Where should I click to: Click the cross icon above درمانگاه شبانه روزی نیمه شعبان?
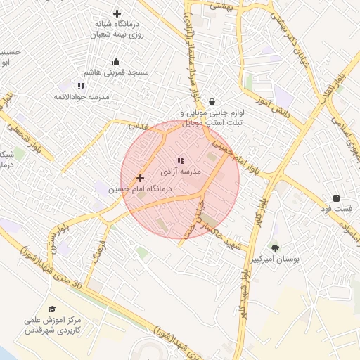pos(117,13)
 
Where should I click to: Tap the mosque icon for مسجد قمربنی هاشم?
pos(116,61)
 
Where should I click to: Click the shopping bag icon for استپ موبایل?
pos(212,101)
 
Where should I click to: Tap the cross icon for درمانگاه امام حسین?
pos(141,178)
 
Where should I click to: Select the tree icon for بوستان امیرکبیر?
pos(274,247)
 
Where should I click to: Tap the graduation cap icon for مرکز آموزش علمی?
pos(52,309)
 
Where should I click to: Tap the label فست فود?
pos(337,210)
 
